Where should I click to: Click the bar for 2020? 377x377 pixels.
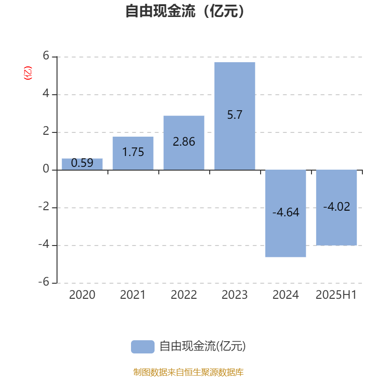click(x=82, y=164)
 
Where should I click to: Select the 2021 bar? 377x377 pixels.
click(x=133, y=153)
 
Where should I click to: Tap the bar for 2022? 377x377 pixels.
click(x=184, y=143)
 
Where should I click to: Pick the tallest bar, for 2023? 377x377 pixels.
click(x=235, y=116)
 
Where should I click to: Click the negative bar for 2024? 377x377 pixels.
click(x=286, y=213)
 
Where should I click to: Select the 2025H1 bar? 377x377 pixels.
click(x=336, y=208)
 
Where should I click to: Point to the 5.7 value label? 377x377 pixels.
click(x=235, y=115)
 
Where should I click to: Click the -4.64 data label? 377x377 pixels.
click(x=286, y=213)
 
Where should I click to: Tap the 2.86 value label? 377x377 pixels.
click(x=184, y=142)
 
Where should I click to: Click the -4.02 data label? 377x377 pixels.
click(x=336, y=206)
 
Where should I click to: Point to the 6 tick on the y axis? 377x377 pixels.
click(x=46, y=56)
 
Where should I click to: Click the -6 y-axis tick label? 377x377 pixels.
click(x=44, y=282)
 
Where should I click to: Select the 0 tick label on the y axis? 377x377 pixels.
click(x=46, y=169)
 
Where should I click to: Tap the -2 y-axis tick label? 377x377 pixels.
click(x=44, y=206)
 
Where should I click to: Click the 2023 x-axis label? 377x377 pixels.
click(x=235, y=295)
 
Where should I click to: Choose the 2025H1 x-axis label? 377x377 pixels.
click(x=336, y=295)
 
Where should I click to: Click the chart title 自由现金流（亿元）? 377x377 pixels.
click(x=185, y=11)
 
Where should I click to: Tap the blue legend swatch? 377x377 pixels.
click(x=143, y=347)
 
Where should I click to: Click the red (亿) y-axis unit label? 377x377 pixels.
click(x=28, y=73)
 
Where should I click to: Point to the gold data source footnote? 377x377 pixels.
click(x=188, y=372)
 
